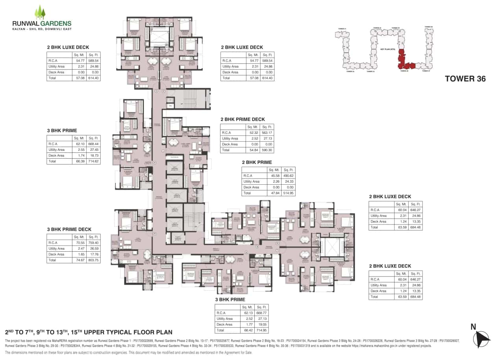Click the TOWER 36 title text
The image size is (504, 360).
point(465,78)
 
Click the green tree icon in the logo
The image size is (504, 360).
point(40,13)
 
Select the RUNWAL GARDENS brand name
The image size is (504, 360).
point(42,23)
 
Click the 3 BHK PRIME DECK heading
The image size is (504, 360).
point(69,229)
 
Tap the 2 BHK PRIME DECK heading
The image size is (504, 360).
point(243,119)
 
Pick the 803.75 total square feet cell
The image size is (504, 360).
point(93,260)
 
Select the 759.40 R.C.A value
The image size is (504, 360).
point(93,243)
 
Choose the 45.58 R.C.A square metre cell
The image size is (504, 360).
point(272,176)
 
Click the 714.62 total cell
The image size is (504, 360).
point(93,161)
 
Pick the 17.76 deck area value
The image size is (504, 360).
point(93,254)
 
